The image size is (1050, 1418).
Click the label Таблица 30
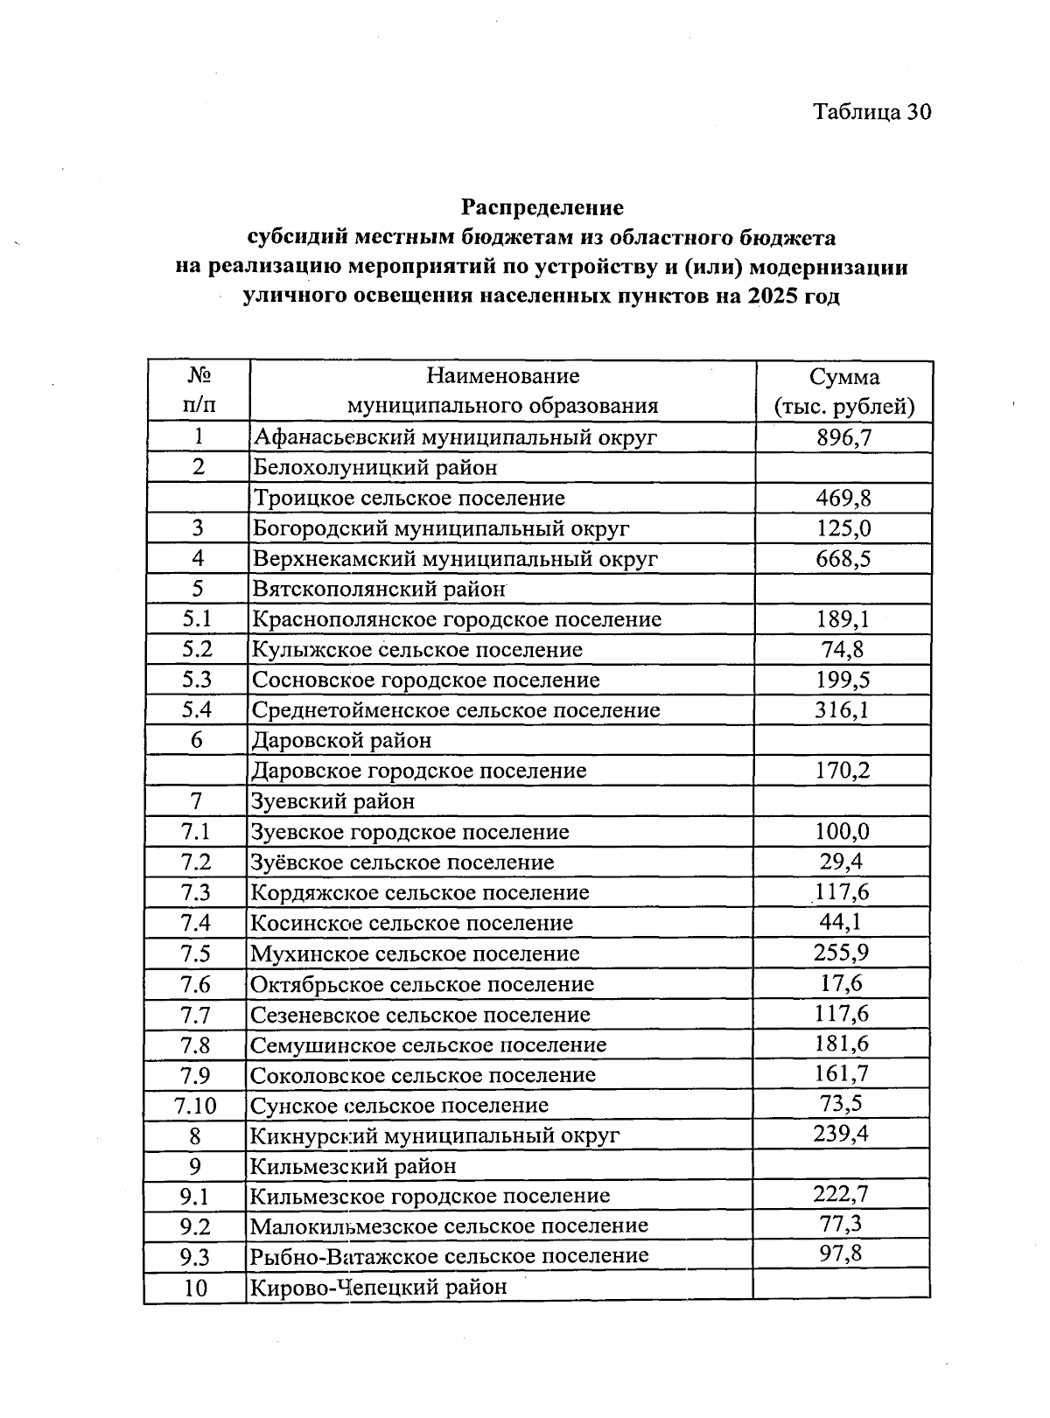871,112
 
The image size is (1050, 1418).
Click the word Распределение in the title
542,207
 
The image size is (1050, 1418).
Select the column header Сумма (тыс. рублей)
843,391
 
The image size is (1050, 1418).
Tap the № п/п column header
199,391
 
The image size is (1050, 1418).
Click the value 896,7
843,437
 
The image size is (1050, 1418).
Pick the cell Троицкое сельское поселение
409,498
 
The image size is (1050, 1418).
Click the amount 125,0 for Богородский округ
843,528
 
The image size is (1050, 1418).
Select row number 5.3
198,680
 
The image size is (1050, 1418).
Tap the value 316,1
843,709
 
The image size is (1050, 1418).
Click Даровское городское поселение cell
418,771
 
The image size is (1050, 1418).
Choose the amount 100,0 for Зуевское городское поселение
842,831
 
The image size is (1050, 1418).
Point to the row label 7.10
196,1106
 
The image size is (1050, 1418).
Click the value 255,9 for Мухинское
841,953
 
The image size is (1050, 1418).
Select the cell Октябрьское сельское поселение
422,984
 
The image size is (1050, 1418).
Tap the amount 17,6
841,983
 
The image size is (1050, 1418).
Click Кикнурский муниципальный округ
435,1135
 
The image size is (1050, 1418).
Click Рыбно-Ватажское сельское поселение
449,1256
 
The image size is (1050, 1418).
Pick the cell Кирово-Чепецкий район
378,1287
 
